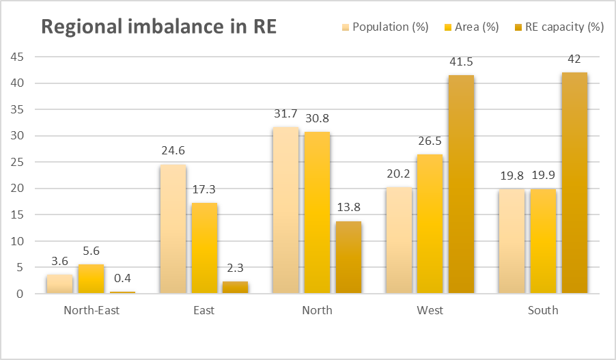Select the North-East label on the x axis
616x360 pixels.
(x=91, y=310)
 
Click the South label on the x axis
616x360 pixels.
(x=543, y=310)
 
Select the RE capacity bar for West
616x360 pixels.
(x=461, y=184)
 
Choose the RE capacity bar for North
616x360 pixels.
(x=348, y=258)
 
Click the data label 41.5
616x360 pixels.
(x=461, y=62)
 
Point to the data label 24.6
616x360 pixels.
(x=173, y=152)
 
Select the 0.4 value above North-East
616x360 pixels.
(x=122, y=279)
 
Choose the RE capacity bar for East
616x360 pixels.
(x=235, y=288)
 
